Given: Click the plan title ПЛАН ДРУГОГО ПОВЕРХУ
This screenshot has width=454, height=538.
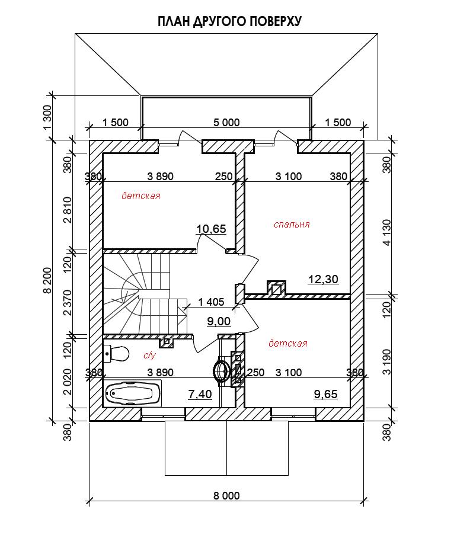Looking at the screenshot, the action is coord(229,21).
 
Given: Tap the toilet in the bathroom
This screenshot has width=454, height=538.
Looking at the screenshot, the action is coord(116,353).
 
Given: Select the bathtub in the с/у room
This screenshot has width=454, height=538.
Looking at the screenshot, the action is coord(132,393).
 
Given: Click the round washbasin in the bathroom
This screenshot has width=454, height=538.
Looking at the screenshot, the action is coord(221,370).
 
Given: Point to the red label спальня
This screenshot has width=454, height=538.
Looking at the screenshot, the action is coord(292,225).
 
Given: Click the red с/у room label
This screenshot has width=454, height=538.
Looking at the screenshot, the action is coord(149,355).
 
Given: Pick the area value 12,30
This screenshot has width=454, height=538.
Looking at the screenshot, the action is coord(323,279).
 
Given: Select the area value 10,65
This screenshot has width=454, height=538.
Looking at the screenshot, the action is coord(211,229).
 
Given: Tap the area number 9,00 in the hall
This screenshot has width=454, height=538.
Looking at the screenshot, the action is coord(219,322).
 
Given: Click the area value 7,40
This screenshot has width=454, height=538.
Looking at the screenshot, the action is coord(200,394).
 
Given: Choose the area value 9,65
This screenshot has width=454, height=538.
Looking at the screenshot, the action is coord(325,394).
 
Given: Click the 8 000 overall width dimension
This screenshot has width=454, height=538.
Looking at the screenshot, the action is coord(226,495).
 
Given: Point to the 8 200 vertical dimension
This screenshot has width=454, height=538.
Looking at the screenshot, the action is coord(47,281).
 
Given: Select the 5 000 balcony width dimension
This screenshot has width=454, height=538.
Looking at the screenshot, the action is coord(226,123).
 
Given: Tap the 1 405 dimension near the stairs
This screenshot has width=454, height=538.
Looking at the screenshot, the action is coord(211,302).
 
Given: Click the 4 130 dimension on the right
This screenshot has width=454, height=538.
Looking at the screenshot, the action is coord(387,233).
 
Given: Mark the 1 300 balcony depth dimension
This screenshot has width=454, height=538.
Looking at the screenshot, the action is coord(47,117).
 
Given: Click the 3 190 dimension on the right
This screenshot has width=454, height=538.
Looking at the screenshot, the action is coord(387,362).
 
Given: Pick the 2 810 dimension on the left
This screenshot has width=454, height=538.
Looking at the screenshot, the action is coord(68,210).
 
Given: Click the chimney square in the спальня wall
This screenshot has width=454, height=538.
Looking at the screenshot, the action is coord(276,288).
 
